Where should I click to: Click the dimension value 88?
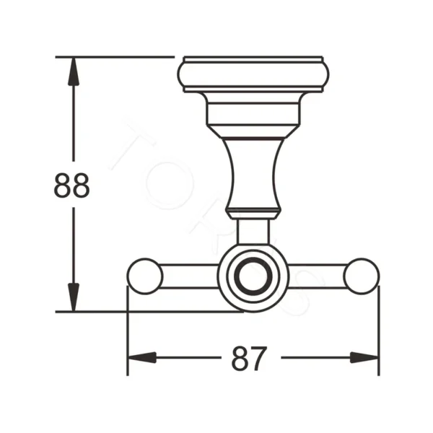[72, 185]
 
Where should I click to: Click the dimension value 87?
[249, 358]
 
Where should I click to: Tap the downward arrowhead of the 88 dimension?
[73, 297]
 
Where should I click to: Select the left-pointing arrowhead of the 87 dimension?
[141, 357]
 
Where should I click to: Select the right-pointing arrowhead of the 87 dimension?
[364, 357]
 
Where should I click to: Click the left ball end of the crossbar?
[144, 276]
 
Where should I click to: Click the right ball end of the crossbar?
[361, 276]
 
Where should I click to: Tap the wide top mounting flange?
[253, 74]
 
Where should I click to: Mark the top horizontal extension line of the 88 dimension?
[115, 56]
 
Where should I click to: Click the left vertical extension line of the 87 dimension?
[127, 332]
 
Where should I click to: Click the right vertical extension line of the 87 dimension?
[379, 332]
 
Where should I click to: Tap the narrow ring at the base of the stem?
[253, 212]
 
